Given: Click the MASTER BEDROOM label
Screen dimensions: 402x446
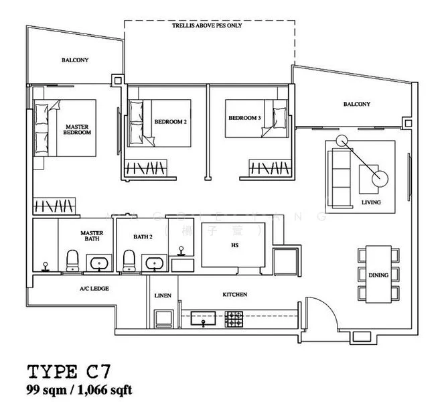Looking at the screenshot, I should click(x=78, y=129).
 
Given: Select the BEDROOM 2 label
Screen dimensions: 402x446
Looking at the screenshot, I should click(x=170, y=122).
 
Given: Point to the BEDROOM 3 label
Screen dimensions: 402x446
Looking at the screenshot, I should click(x=244, y=118).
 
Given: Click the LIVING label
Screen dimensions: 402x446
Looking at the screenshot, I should click(x=370, y=201).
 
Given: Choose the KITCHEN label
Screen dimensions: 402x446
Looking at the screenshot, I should click(x=234, y=294).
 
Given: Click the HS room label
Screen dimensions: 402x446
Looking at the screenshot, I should click(x=235, y=246).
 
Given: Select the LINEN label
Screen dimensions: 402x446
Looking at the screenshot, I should click(x=162, y=294).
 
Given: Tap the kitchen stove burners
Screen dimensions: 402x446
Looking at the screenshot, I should click(x=234, y=318).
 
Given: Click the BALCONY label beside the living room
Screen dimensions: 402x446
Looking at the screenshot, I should click(x=356, y=104).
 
